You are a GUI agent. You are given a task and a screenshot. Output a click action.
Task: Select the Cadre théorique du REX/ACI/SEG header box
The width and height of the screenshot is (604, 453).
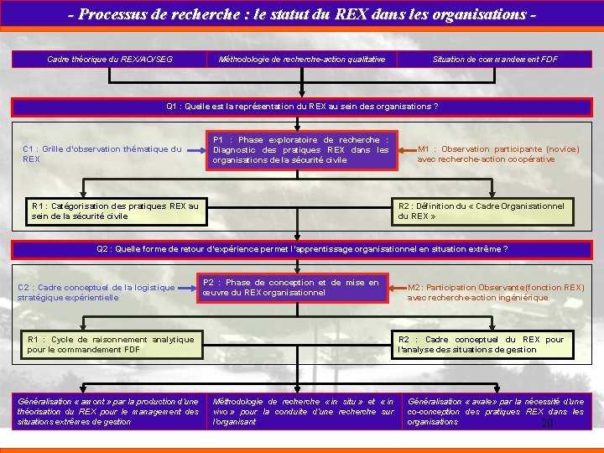(x=110, y=59)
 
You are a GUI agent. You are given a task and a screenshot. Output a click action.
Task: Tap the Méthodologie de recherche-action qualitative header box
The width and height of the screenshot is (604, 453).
(x=301, y=59)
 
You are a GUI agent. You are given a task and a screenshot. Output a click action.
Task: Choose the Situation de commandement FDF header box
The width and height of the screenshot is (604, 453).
(x=494, y=59)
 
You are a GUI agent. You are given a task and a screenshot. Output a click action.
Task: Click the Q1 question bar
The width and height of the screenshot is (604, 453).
(x=302, y=107)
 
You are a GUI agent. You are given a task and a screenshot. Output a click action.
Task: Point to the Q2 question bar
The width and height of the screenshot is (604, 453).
(x=302, y=248)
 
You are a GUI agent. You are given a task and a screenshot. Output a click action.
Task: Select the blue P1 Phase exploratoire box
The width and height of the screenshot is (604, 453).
(x=301, y=150)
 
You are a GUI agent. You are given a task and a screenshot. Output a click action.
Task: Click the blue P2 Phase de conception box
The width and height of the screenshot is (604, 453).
(x=291, y=288)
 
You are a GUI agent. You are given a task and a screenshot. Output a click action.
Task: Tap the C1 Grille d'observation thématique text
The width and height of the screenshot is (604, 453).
(x=102, y=154)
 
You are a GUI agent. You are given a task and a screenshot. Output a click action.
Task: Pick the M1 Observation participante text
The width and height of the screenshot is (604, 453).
(x=498, y=154)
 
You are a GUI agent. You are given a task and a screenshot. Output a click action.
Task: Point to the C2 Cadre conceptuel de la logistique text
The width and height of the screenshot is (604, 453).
(x=96, y=292)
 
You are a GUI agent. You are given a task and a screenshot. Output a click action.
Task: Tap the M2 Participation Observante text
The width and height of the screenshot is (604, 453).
(x=495, y=292)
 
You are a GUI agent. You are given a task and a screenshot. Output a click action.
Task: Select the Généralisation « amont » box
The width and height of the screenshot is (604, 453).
(x=108, y=411)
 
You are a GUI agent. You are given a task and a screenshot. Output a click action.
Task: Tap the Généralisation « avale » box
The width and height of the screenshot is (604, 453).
(x=495, y=411)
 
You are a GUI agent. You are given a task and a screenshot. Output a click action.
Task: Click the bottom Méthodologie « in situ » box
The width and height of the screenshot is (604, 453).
(x=303, y=411)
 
